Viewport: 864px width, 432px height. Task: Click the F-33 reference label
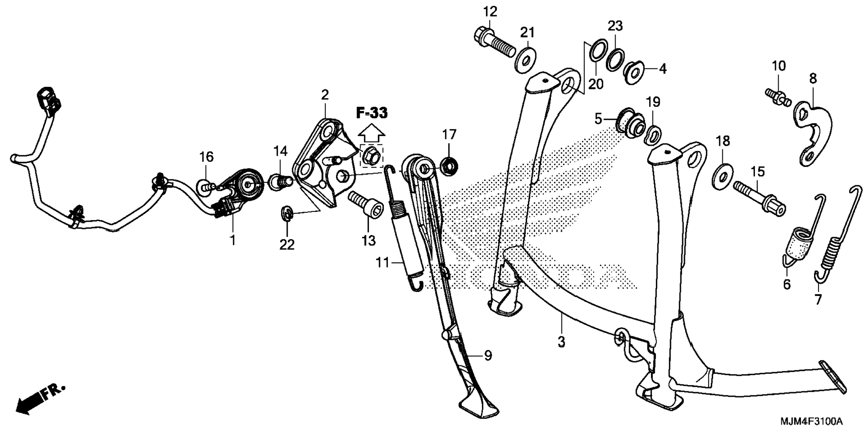tap(372, 113)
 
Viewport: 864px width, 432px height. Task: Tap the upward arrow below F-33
tap(372, 133)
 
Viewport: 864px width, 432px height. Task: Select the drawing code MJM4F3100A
tap(811, 422)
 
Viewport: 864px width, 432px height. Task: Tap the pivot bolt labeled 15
tap(759, 197)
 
